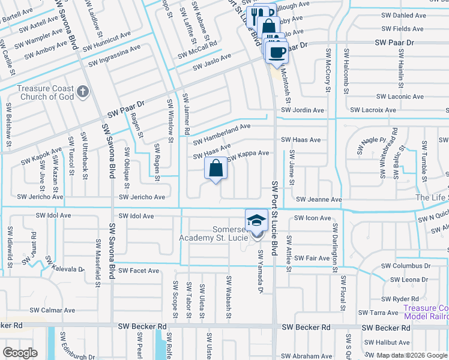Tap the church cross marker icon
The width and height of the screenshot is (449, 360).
pyautogui.click(x=83, y=92)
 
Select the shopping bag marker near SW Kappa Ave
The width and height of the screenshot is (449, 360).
pyautogui.click(x=217, y=169)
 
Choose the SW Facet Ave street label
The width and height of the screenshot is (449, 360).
pyautogui.click(x=139, y=271)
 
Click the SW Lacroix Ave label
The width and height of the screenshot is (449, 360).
pyautogui.click(x=373, y=110)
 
